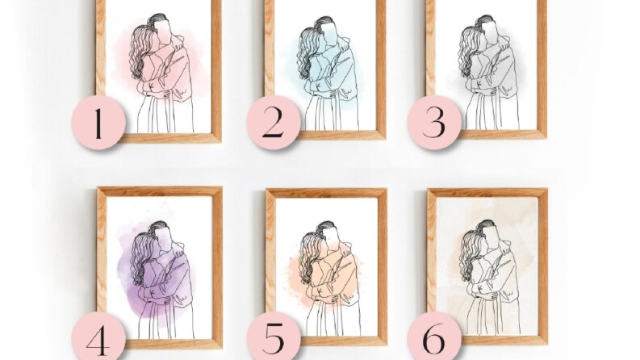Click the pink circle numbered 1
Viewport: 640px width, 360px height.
[98, 123]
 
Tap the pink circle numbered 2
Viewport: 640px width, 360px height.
[274, 123]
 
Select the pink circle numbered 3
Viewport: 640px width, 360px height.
[434, 123]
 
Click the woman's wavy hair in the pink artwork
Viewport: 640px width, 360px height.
[140, 51]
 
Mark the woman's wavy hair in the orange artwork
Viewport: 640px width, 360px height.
[309, 257]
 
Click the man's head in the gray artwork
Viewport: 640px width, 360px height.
[487, 27]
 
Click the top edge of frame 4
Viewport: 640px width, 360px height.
[160, 191]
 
